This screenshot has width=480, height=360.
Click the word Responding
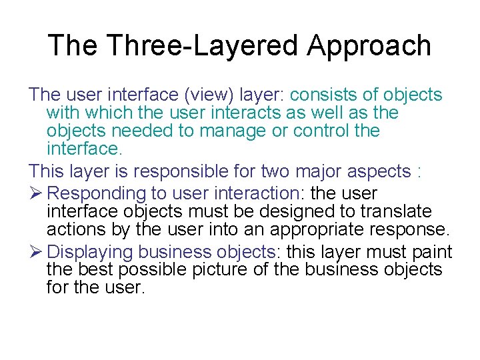tap(97, 194)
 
